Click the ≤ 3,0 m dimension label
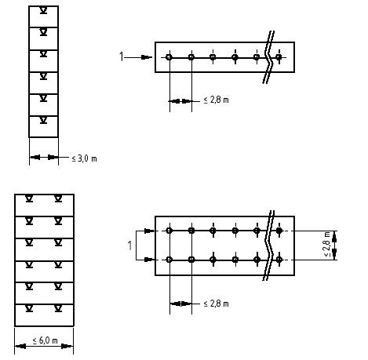84,158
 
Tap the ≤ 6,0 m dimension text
45,340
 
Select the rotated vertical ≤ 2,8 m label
326,244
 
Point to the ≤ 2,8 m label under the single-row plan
216,100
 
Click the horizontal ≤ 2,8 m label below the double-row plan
216,304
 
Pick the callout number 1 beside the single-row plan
121,56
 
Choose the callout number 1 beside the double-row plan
129,245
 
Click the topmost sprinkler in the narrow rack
43,11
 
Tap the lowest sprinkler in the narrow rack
43,120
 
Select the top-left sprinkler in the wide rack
29,199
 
